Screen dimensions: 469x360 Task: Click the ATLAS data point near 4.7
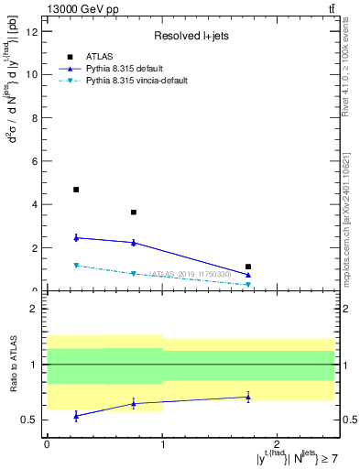[x=76, y=190]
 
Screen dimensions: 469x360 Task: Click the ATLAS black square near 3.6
[x=134, y=213]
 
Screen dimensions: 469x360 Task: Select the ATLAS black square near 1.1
[x=248, y=267]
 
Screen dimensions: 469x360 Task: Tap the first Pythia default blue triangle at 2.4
[x=76, y=237]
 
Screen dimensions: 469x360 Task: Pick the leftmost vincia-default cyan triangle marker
[x=76, y=266]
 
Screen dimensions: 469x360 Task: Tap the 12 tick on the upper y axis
[x=33, y=31]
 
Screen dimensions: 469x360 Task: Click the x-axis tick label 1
[x=162, y=443]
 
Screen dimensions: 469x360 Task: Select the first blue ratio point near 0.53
[x=76, y=416]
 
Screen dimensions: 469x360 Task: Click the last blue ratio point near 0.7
[x=248, y=397]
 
